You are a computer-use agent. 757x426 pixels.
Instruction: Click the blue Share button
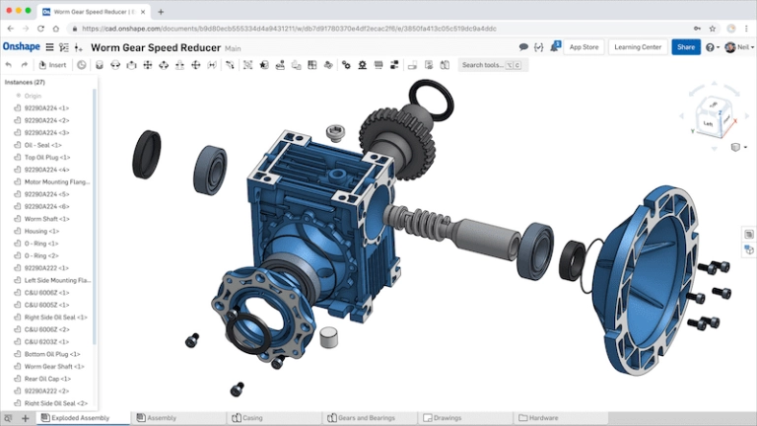(x=685, y=46)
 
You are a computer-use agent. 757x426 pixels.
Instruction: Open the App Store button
(x=584, y=46)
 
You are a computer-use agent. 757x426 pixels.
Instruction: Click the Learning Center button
(x=637, y=46)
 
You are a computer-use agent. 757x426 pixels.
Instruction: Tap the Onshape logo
(x=21, y=46)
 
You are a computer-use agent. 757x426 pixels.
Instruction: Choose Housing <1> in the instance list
(x=39, y=230)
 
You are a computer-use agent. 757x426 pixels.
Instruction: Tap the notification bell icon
(x=556, y=46)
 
